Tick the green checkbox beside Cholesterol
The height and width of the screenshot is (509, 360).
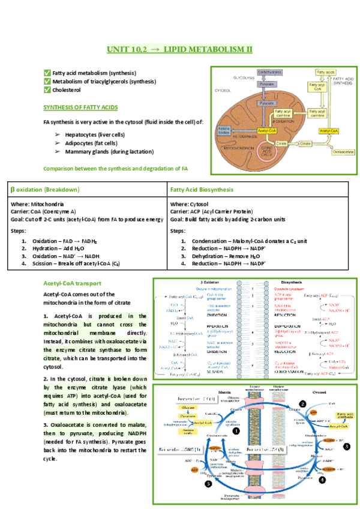point(47,90)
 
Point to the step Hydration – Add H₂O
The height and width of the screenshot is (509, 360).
point(58,247)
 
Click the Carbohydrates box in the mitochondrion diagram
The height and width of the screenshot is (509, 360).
point(269,73)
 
